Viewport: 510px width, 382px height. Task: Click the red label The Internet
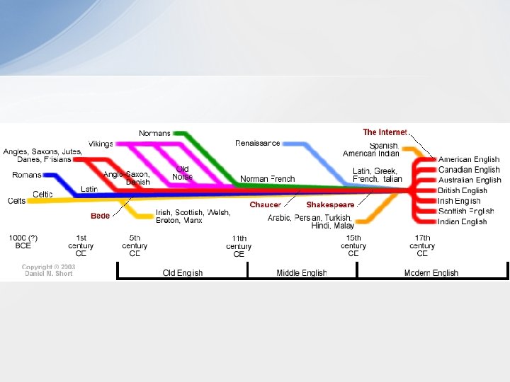[x=385, y=132]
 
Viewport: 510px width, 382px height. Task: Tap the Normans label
[x=154, y=133]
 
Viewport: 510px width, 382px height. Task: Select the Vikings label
[x=101, y=144]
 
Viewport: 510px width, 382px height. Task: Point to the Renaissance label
[x=257, y=144]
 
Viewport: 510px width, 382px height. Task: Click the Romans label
[x=27, y=175]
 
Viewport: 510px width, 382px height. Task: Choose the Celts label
[x=16, y=201]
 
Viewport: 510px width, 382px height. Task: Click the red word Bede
[x=100, y=216]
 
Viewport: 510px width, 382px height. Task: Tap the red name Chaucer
[x=265, y=204]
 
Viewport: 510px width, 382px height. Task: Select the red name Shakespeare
[x=330, y=204]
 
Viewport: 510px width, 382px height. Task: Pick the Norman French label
[x=267, y=179]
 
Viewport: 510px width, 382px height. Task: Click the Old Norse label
[x=182, y=173]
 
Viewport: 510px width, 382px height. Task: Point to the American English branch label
[x=469, y=160]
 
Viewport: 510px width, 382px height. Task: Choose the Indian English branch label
[x=463, y=221]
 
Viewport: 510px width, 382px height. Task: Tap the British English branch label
[x=463, y=190]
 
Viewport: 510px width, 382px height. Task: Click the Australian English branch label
[x=470, y=180]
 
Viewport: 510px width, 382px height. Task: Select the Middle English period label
[x=302, y=273]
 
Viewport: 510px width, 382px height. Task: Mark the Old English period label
[x=182, y=273]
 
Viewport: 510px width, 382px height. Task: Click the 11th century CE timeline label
[x=239, y=246]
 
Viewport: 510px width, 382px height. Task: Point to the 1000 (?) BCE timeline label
[x=23, y=241]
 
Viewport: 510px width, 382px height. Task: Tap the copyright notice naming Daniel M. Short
[x=48, y=270]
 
